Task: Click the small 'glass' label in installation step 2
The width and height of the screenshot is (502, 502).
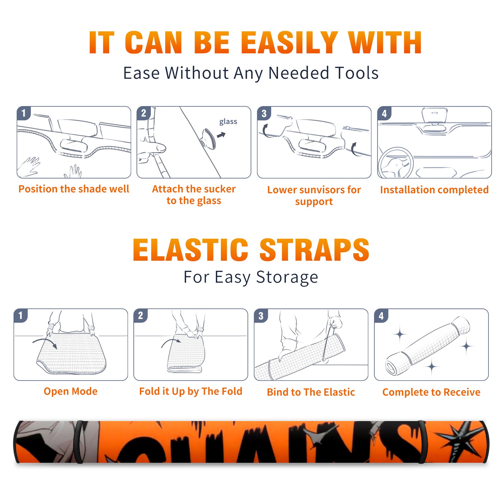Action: (x=228, y=122)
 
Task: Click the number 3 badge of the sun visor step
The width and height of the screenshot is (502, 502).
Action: (x=264, y=113)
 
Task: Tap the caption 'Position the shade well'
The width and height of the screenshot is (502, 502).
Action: (x=74, y=189)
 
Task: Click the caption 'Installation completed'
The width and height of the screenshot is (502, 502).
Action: (x=434, y=190)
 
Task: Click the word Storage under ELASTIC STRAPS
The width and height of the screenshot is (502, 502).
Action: (x=287, y=277)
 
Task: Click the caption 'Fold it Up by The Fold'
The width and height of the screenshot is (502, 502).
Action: (x=191, y=391)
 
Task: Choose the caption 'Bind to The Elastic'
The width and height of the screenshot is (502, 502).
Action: (x=311, y=392)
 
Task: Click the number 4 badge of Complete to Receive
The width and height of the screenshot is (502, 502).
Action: (x=381, y=316)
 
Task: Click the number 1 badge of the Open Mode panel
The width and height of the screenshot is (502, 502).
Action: (x=21, y=315)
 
